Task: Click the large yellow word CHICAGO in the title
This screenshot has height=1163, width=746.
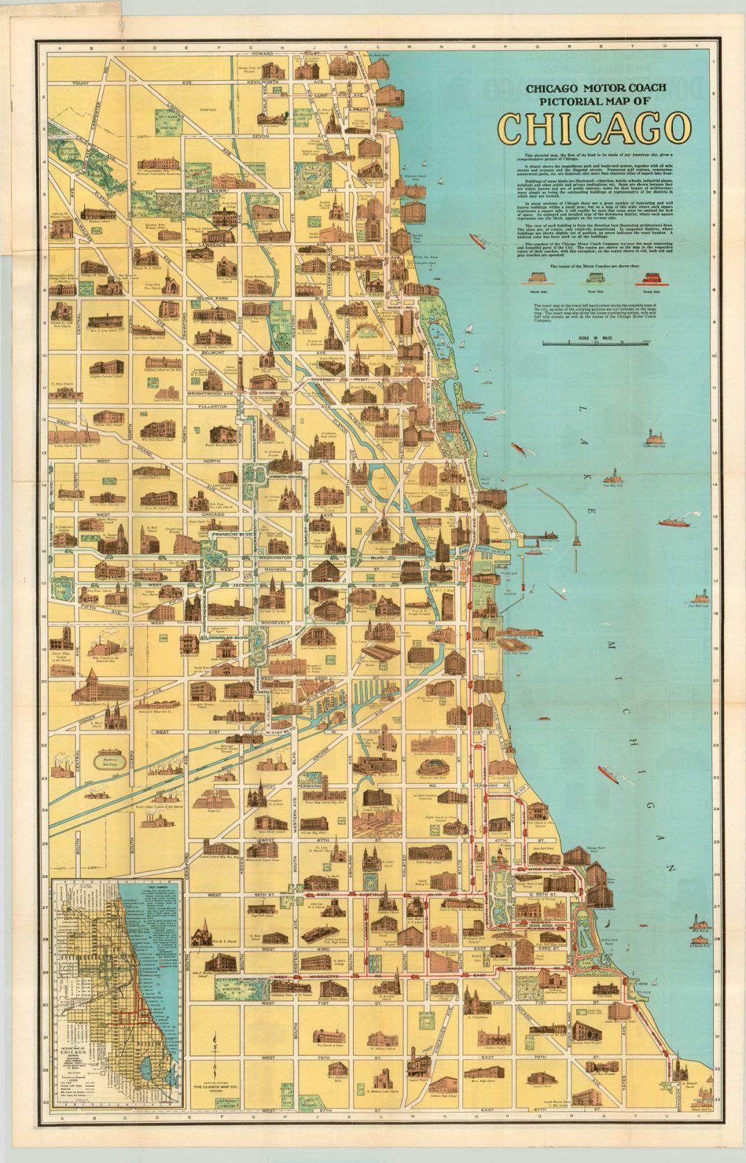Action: [594, 128]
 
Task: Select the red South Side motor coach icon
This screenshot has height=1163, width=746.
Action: [652, 278]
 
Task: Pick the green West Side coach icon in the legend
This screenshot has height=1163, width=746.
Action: [596, 278]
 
